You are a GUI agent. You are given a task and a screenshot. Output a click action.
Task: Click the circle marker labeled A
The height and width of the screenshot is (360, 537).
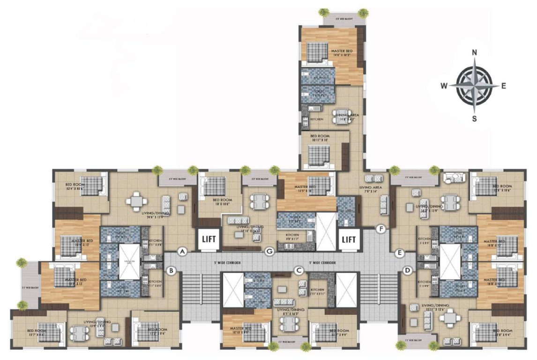pos(183,252)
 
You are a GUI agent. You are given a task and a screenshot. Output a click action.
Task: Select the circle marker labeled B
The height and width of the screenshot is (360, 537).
pos(172,270)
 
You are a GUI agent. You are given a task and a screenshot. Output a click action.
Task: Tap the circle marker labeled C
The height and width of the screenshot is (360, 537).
pos(298,270)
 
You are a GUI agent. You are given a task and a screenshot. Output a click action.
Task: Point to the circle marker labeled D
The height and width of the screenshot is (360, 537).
pos(407,270)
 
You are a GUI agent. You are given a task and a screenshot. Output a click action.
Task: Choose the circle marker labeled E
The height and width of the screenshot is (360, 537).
pos(400,253)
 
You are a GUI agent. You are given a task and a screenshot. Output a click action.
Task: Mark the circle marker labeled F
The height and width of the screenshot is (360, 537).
pos(381,229)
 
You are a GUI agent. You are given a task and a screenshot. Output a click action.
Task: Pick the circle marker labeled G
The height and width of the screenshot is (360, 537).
pos(269,252)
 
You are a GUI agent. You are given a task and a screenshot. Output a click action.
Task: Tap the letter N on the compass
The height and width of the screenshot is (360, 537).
pos(474,52)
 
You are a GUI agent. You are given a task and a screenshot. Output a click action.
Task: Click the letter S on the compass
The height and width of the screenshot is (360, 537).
pos(474,119)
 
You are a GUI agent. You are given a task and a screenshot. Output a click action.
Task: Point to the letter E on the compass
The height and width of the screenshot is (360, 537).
pos(504,86)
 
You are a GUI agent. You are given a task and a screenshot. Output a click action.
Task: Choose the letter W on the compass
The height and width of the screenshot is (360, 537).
pos(443,86)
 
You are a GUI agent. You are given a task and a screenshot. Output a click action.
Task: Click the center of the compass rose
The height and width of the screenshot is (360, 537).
pos(474,86)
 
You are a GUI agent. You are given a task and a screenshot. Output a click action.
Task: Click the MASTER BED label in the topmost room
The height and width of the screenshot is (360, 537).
pos(342,51)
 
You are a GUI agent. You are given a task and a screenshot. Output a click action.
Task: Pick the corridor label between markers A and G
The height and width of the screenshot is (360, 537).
pos(226,263)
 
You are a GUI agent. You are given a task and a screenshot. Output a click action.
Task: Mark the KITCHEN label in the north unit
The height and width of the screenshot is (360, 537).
pos(317,120)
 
